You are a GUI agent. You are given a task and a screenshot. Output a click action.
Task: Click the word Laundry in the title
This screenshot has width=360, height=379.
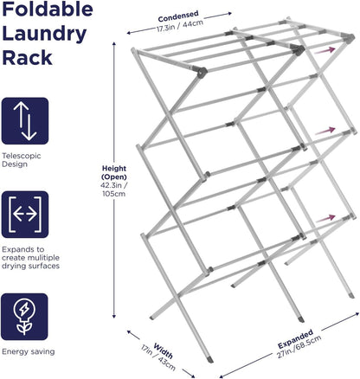point(47,35)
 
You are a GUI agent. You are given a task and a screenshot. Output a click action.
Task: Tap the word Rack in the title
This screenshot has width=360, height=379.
point(26,59)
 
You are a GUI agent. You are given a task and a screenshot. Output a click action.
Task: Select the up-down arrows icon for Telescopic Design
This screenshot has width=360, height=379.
point(24,121)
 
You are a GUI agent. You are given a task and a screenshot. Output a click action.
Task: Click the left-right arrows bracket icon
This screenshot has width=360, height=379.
point(24,214)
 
